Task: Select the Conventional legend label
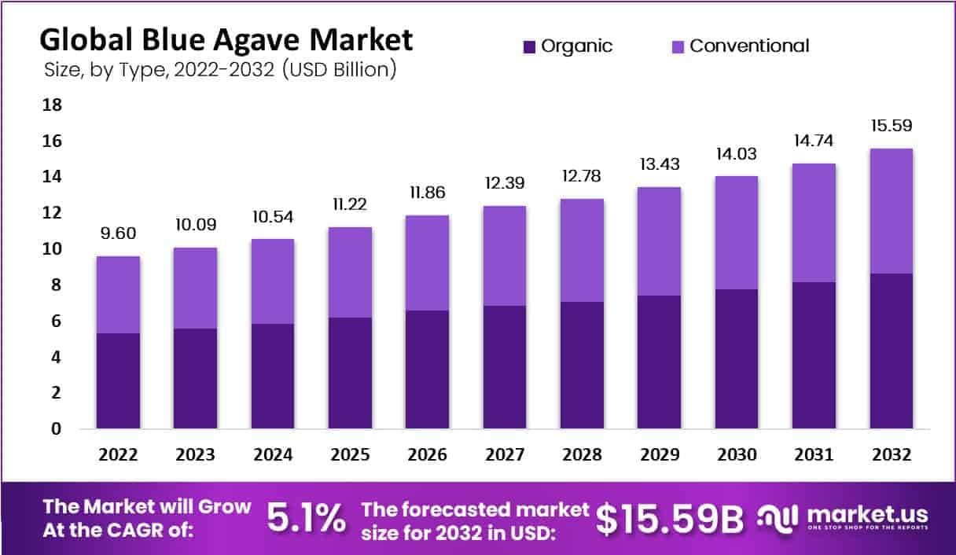(749, 46)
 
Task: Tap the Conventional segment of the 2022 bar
(118, 295)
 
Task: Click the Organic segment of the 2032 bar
(891, 351)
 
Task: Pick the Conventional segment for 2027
(505, 255)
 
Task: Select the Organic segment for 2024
(273, 376)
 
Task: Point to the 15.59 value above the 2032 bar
(891, 126)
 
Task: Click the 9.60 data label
(118, 233)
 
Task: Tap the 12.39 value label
(505, 183)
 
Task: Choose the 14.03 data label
(737, 153)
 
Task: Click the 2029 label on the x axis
(659, 455)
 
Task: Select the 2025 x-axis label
(350, 455)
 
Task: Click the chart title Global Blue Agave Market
(226, 39)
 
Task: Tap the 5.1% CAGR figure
(306, 517)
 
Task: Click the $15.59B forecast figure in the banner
(669, 517)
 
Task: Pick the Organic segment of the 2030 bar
(737, 358)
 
